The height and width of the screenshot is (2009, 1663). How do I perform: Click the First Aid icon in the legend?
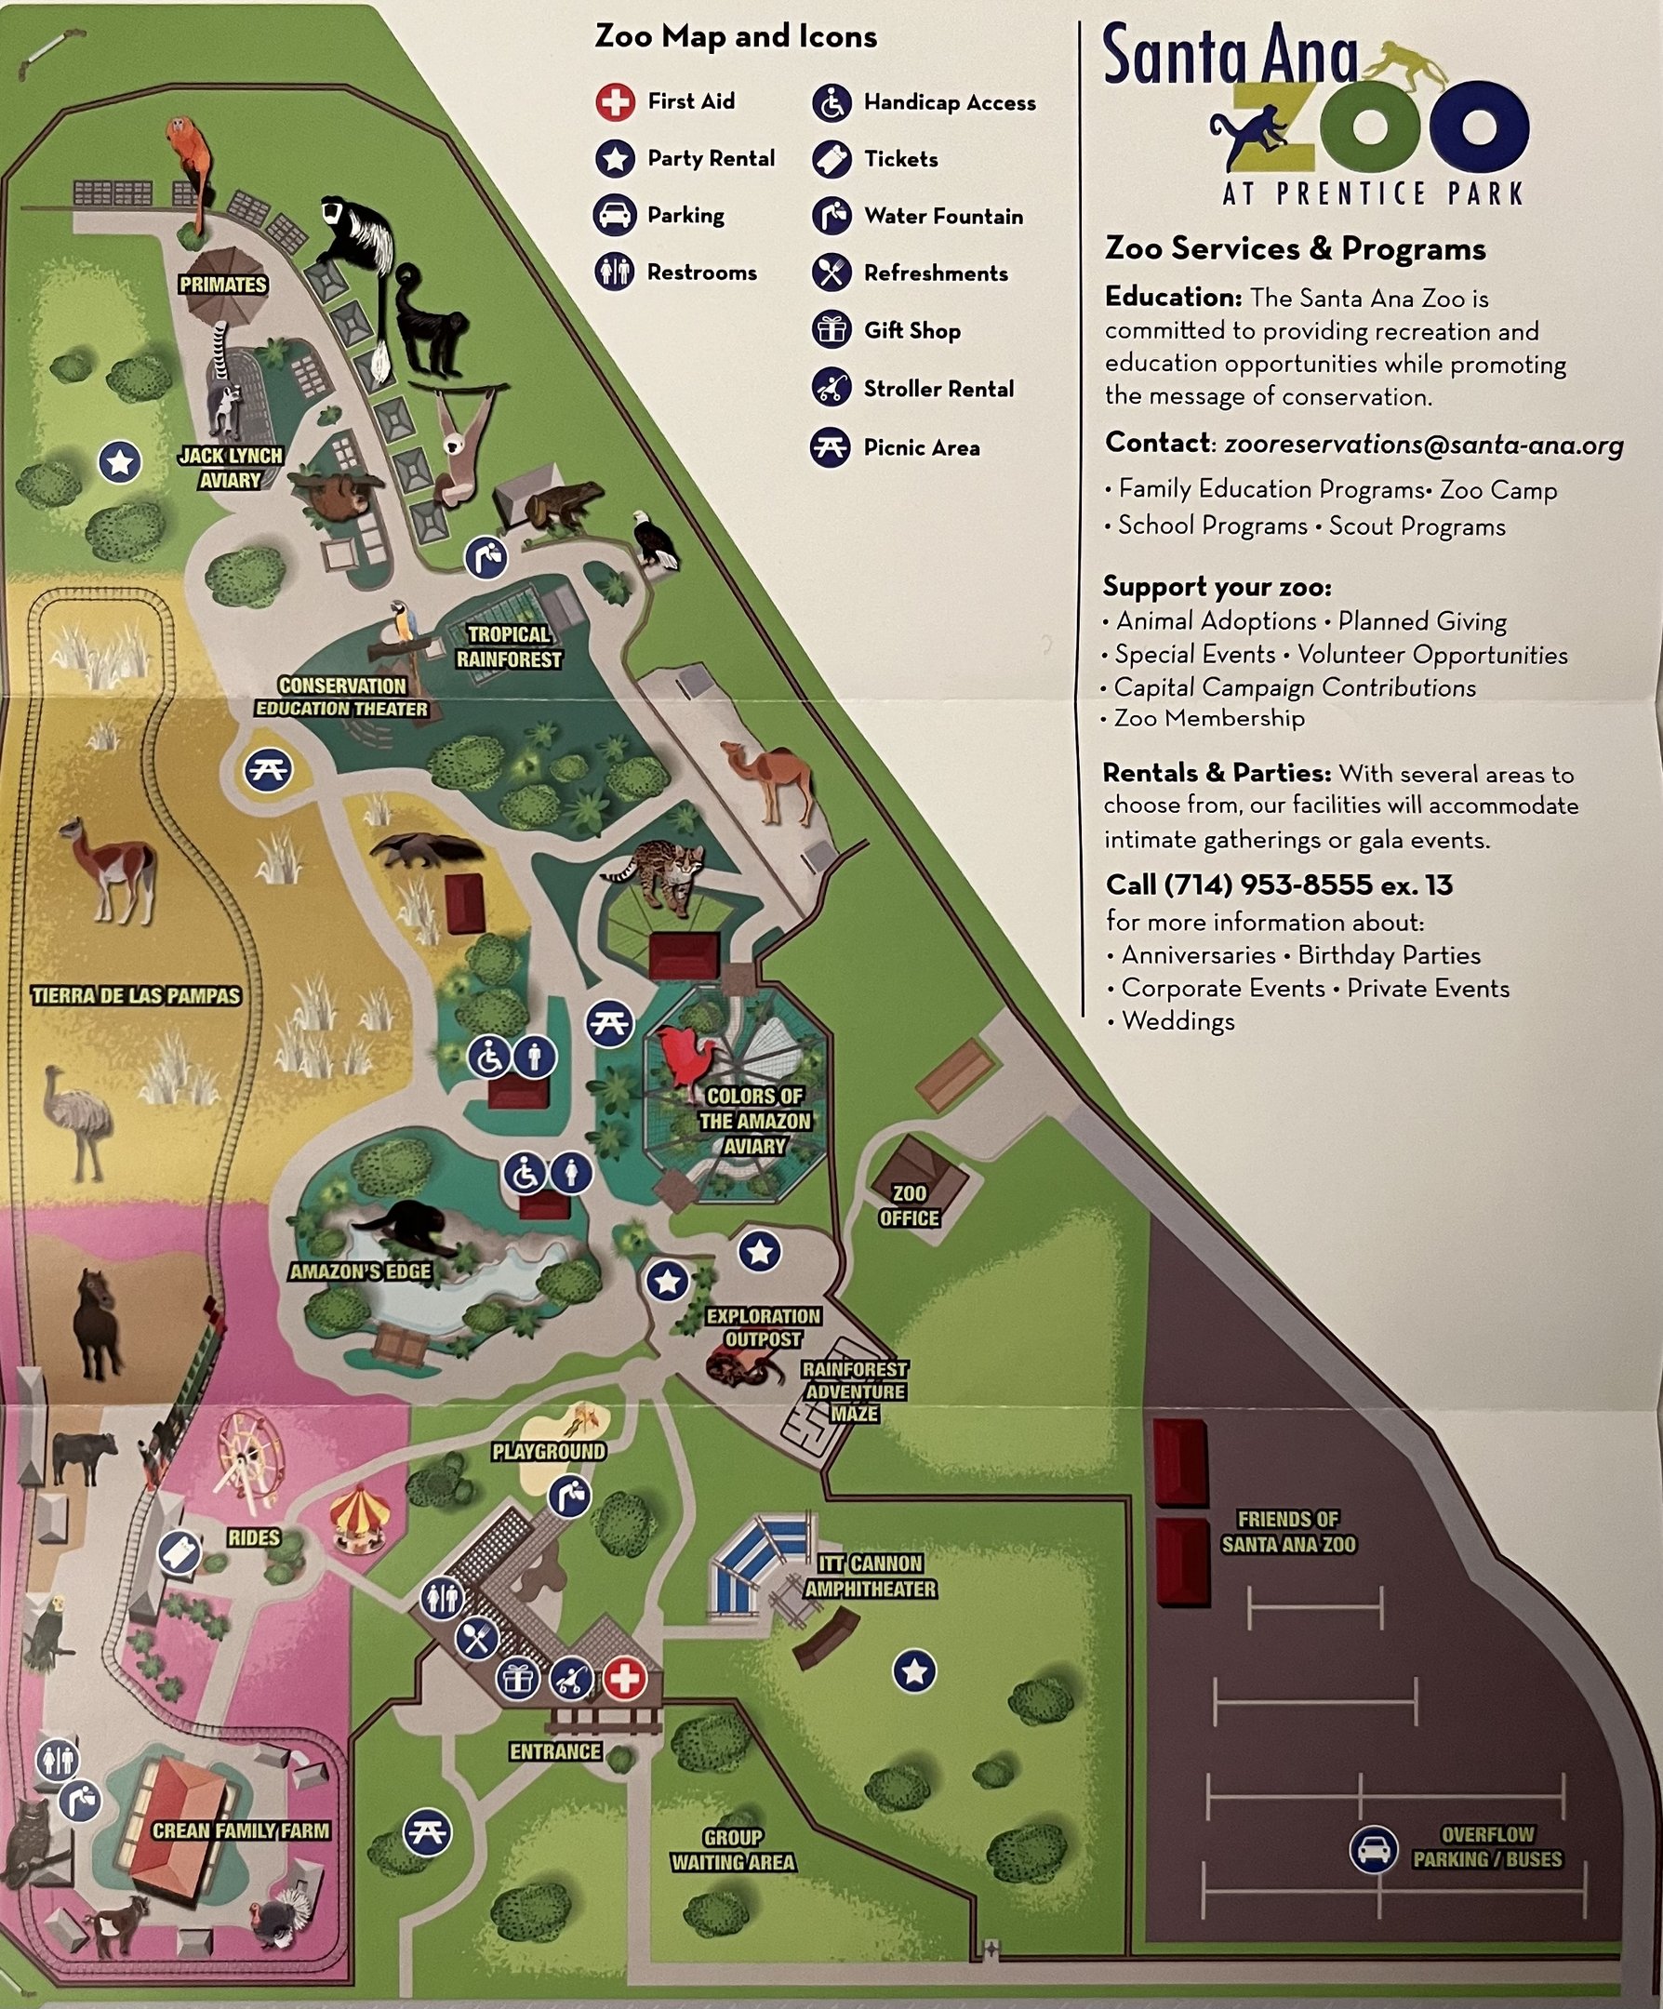[614, 101]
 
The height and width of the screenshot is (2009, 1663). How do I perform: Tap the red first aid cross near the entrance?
[624, 1678]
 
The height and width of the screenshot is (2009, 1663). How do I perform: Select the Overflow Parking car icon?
[1373, 1849]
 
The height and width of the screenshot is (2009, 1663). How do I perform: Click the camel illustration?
[771, 779]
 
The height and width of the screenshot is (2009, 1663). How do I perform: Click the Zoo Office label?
[908, 1205]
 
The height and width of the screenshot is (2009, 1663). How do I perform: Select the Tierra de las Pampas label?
[136, 995]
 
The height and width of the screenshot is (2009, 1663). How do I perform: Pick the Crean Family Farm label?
[240, 1830]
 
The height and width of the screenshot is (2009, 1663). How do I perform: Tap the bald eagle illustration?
[654, 542]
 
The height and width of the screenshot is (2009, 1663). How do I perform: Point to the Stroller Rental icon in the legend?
[831, 388]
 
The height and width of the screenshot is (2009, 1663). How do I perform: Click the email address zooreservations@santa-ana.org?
[1423, 445]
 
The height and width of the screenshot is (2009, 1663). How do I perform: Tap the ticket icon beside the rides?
[179, 1551]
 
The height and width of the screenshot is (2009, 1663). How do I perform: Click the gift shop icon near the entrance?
[518, 1678]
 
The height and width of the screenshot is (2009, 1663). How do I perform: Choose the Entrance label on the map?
[555, 1751]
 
